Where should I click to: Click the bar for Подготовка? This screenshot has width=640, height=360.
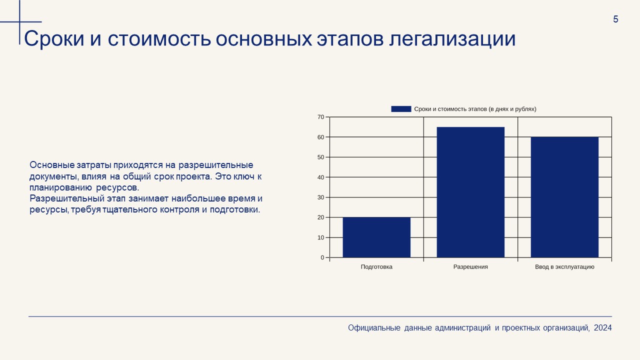376,237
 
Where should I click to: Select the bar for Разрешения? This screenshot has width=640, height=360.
470,192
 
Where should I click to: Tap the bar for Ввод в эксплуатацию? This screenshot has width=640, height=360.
564,197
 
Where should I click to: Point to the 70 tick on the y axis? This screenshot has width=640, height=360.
321,117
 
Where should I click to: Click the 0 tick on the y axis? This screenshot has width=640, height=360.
322,257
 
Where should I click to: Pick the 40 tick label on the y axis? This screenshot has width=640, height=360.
321,177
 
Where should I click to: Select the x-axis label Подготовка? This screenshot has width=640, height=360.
376,267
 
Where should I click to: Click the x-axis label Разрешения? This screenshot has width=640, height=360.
470,267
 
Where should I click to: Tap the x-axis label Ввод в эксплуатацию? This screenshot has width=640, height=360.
564,267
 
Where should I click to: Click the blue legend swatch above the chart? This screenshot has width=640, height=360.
401,109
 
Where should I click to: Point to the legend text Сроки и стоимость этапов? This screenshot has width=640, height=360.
475,109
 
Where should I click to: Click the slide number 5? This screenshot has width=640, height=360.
615,19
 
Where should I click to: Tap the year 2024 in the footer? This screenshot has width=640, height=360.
603,328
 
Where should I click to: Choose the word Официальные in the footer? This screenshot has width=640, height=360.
374,328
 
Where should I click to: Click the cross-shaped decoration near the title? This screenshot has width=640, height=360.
20,22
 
